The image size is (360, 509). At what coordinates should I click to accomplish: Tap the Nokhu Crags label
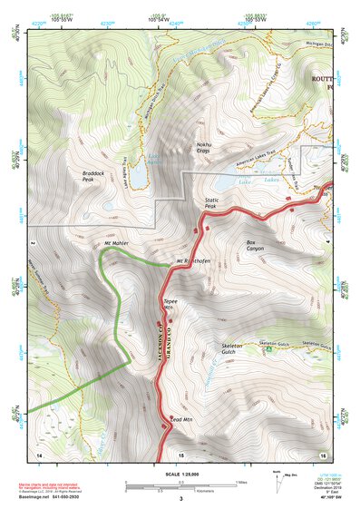(203, 148)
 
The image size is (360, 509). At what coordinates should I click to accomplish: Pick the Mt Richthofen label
(193, 261)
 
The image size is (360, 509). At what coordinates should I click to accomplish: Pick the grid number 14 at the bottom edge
(38, 453)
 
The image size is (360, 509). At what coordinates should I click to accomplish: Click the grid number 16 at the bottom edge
(322, 453)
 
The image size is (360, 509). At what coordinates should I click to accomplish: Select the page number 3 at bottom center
(180, 498)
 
